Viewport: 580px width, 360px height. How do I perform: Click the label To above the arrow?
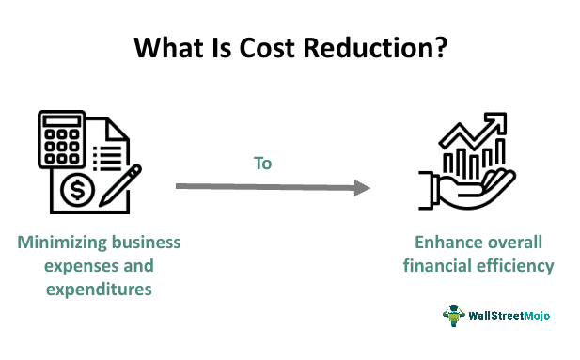[x=262, y=164]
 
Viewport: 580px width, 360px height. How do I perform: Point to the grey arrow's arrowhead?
[x=362, y=188]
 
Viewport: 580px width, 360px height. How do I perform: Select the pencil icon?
[x=120, y=186]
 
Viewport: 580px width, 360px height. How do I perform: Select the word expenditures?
[x=99, y=290]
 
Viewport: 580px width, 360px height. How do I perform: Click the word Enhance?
[x=445, y=243]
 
